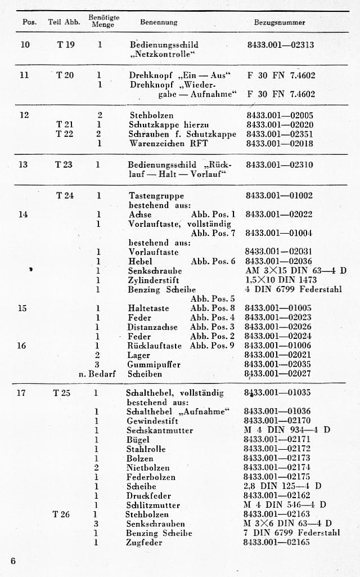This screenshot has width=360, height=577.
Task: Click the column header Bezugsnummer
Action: click(x=280, y=23)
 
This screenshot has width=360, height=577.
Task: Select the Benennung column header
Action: click(x=159, y=23)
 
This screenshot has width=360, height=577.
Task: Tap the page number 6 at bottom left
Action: click(x=13, y=561)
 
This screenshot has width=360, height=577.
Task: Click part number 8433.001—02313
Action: click(x=281, y=44)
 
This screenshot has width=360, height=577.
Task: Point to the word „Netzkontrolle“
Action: click(x=163, y=55)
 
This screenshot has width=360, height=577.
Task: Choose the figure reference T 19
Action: click(x=66, y=44)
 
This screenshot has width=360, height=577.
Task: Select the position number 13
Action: click(x=23, y=165)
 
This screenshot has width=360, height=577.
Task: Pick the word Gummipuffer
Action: click(x=146, y=364)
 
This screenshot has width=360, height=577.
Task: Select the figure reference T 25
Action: click(x=62, y=393)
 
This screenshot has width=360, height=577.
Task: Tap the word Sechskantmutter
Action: click(x=160, y=431)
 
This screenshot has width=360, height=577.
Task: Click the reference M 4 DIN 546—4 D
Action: click(x=285, y=505)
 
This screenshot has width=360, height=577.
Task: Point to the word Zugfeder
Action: click(x=144, y=543)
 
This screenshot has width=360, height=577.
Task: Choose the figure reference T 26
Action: click(x=61, y=514)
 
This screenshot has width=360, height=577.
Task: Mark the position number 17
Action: click(x=21, y=393)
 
